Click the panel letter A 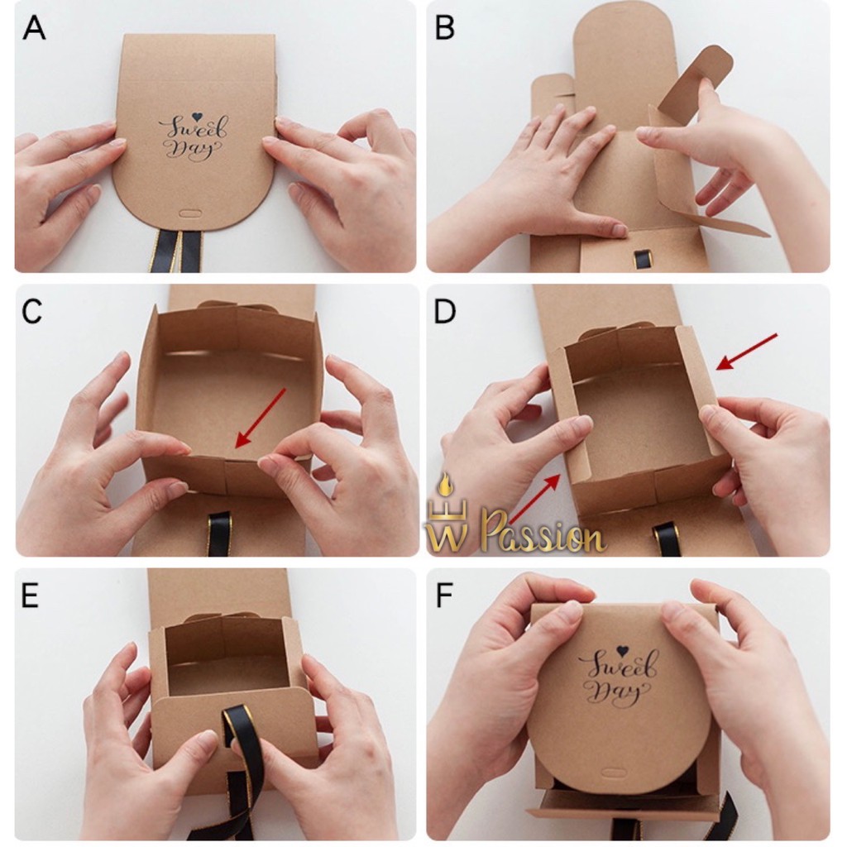click(34, 29)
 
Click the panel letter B click(444, 29)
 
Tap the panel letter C click(32, 311)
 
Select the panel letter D click(444, 311)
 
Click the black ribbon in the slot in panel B click(643, 259)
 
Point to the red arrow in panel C click(261, 418)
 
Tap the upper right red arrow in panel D click(747, 352)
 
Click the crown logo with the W click(447, 518)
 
